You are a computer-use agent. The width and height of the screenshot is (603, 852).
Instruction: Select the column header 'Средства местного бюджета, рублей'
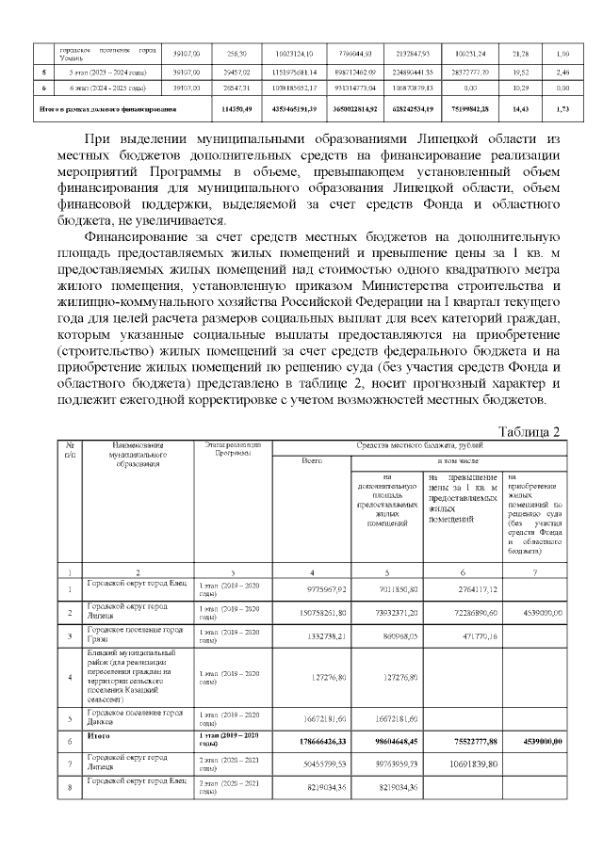coord(419,443)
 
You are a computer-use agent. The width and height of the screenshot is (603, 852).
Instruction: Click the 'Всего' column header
coord(312,461)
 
